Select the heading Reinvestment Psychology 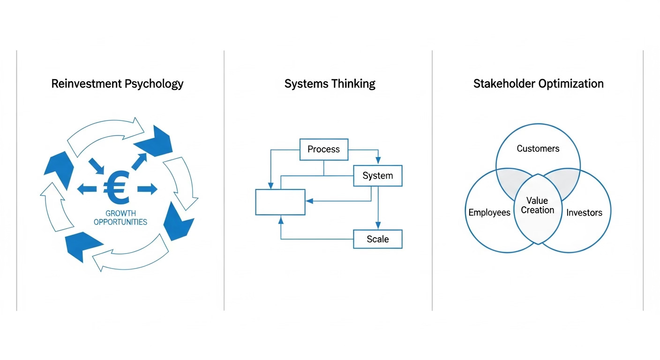pyautogui.click(x=117, y=84)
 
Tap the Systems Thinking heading pyautogui.click(x=330, y=84)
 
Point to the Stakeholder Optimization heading pyautogui.click(x=538, y=84)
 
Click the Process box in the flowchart pyautogui.click(x=323, y=150)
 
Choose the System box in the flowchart pyautogui.click(x=377, y=176)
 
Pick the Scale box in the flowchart pyautogui.click(x=377, y=239)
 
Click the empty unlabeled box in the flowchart pyautogui.click(x=280, y=202)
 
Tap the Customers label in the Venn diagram pyautogui.click(x=538, y=149)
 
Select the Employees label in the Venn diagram pyautogui.click(x=489, y=212)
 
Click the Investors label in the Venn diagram pyautogui.click(x=584, y=212)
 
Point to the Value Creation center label pyautogui.click(x=537, y=205)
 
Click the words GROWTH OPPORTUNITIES pyautogui.click(x=120, y=217)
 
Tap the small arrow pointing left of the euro pyautogui.click(x=87, y=189)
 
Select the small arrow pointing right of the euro pyautogui.click(x=147, y=189)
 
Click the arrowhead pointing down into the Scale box pyautogui.click(x=378, y=226)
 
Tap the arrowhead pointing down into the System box pyautogui.click(x=378, y=162)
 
